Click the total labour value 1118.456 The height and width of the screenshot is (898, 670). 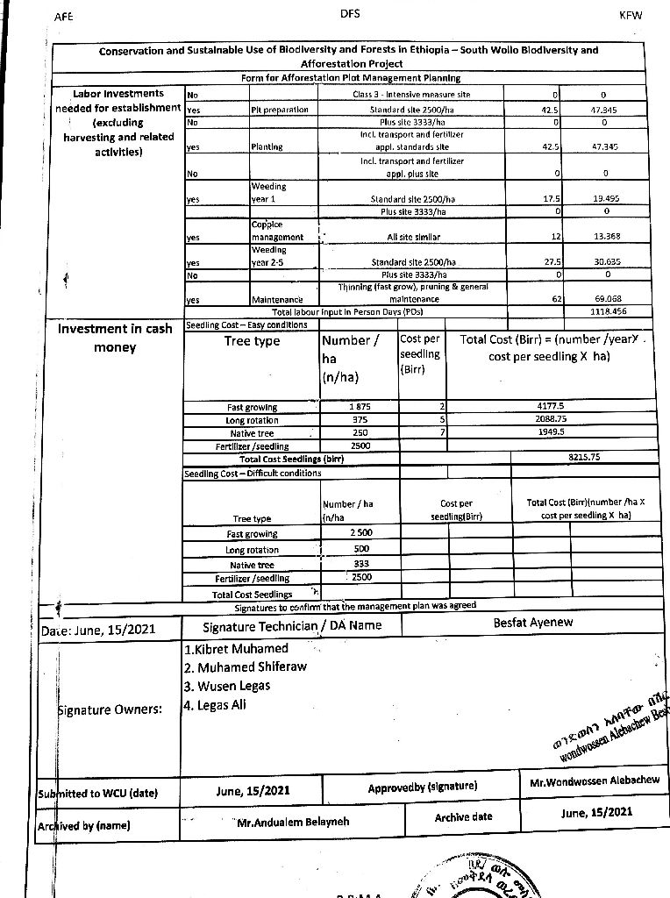pos(603,311)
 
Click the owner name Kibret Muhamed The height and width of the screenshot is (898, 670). pos(237,649)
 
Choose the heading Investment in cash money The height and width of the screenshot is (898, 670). pos(115,339)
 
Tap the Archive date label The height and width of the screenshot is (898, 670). pos(464,817)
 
